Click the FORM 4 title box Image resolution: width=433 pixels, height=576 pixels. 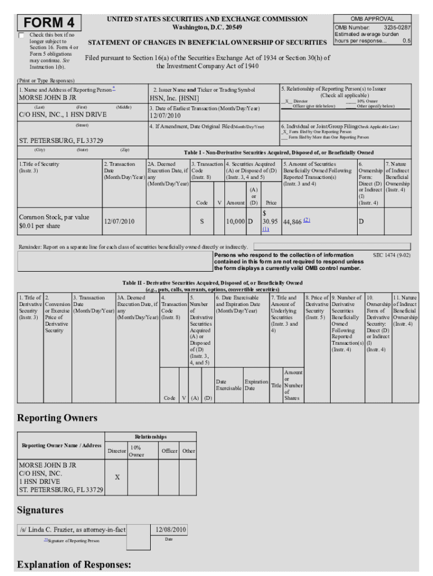point(49,23)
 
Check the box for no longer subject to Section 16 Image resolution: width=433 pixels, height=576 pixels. point(22,35)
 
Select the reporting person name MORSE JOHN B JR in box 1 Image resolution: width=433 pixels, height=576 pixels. point(48,98)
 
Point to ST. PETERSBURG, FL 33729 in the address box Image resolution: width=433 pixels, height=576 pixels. point(61,141)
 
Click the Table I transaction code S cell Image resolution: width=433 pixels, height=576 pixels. point(201,222)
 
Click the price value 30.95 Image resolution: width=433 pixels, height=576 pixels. point(270,222)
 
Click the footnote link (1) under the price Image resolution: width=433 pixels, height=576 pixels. point(265,229)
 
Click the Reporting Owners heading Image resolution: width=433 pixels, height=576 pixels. point(57,418)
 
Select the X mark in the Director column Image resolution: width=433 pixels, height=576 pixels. point(117,477)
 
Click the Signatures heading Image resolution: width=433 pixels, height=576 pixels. point(40,510)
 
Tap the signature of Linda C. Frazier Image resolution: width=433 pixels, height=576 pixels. point(72,530)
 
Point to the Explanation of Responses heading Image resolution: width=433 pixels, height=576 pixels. point(74,564)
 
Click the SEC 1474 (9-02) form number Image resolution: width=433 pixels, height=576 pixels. point(391,255)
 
